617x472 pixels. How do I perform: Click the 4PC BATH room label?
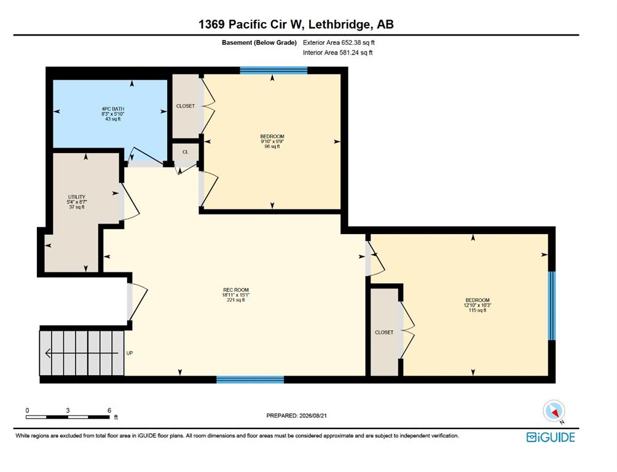pos(113,109)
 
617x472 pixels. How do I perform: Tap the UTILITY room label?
pos(77,197)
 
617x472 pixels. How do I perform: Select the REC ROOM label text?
pos(236,290)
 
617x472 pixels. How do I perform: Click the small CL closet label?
pos(186,152)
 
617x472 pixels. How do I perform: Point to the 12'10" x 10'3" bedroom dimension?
pos(477,305)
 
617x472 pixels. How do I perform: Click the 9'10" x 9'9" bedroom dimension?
pos(272,141)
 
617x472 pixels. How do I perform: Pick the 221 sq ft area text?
pos(236,300)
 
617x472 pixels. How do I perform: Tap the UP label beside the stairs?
pos(130,353)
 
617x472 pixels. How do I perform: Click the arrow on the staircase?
pos(82,353)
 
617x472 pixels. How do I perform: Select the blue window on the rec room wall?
pos(250,380)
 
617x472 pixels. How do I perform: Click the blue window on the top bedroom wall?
pos(273,71)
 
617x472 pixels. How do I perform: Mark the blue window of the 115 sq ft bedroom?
pos(552,305)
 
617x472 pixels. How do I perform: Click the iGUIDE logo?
pos(551,438)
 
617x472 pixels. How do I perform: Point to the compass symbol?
pos(554,411)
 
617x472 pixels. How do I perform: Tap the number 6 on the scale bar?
pos(109,410)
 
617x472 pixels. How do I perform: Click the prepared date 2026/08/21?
pos(313,415)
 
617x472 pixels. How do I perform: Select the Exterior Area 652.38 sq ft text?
pos(339,42)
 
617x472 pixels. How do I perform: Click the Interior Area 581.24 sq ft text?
pos(337,52)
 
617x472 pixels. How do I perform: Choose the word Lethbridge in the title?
pos(340,25)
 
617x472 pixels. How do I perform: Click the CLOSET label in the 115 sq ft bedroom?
pos(384,332)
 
